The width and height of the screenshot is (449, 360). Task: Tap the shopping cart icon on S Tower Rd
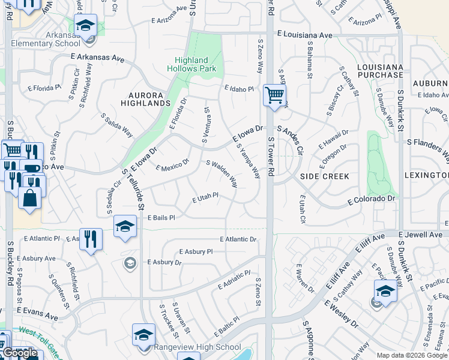(x=274, y=94)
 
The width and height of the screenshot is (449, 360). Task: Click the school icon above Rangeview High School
(x=144, y=335)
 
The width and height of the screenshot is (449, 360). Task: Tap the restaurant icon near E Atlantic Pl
(x=91, y=239)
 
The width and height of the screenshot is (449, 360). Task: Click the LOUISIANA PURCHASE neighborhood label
(x=379, y=70)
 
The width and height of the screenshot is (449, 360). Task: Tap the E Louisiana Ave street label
(x=304, y=35)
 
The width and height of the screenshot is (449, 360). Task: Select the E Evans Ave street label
(x=37, y=313)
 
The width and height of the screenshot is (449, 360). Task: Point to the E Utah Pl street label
(x=205, y=197)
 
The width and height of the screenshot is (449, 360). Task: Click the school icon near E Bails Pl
(x=125, y=226)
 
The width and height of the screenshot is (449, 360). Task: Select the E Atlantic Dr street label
(x=238, y=239)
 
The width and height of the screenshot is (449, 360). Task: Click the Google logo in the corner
(x=20, y=353)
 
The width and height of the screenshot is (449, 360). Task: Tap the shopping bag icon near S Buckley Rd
(x=29, y=196)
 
